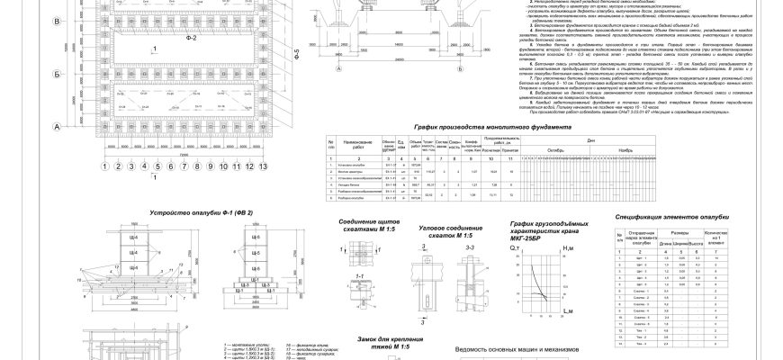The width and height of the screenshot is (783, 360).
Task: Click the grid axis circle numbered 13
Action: click(x=264, y=166)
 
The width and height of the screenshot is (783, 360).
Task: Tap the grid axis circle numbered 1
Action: click(x=105, y=166)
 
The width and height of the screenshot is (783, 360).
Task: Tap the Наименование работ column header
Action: click(x=357, y=144)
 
